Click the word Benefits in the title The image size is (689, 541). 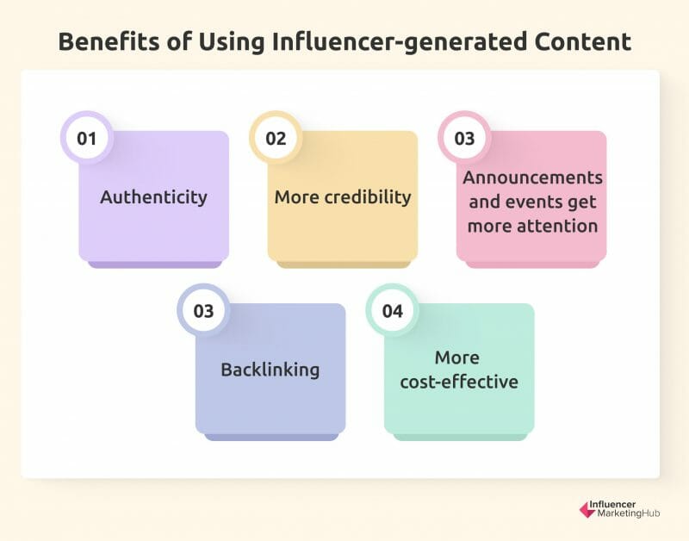pyautogui.click(x=109, y=41)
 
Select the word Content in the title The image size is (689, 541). pyautogui.click(x=583, y=42)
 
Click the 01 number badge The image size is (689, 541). pyautogui.click(x=87, y=138)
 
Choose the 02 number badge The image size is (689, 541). pyautogui.click(x=276, y=138)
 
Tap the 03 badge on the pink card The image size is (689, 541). pyautogui.click(x=464, y=138)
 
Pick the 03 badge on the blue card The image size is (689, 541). pyautogui.click(x=203, y=311)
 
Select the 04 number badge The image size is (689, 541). pyautogui.click(x=393, y=311)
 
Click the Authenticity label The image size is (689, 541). pyautogui.click(x=154, y=197)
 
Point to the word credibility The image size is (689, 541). pyautogui.click(x=368, y=197)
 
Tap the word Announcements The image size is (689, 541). pyautogui.click(x=532, y=177)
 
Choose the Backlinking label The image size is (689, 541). pyautogui.click(x=270, y=370)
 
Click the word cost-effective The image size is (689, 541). pyautogui.click(x=459, y=382)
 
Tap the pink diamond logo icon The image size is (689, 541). pyautogui.click(x=587, y=510)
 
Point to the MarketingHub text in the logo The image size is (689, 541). pyautogui.click(x=629, y=513)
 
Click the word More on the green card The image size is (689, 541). pyautogui.click(x=457, y=358)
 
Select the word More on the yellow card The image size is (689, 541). pyautogui.click(x=296, y=197)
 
